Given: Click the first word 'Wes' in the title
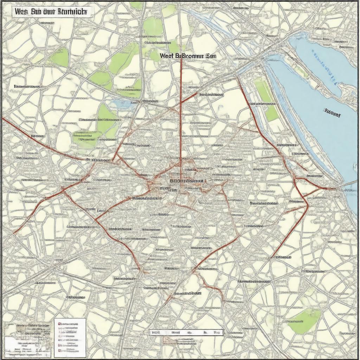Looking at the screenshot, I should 22,11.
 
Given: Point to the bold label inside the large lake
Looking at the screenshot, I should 332,114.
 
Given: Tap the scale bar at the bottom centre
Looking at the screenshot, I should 186,332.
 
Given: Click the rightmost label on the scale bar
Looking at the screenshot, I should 218,332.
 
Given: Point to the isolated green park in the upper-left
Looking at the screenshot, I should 59,57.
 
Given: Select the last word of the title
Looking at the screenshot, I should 72,11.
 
